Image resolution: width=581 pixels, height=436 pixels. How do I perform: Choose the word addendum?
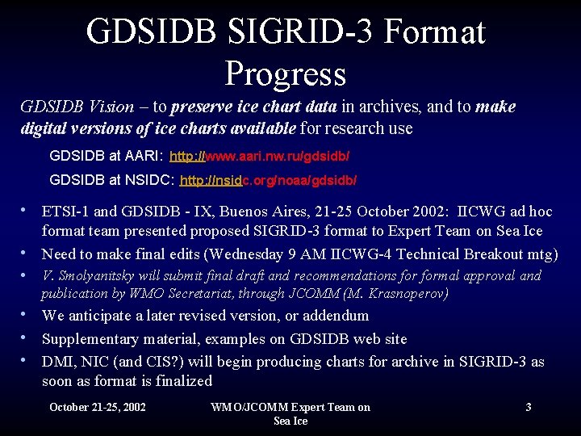click(x=333, y=316)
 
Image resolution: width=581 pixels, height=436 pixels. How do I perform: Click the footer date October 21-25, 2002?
click(x=98, y=407)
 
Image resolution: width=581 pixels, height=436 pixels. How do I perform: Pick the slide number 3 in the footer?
click(x=528, y=407)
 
